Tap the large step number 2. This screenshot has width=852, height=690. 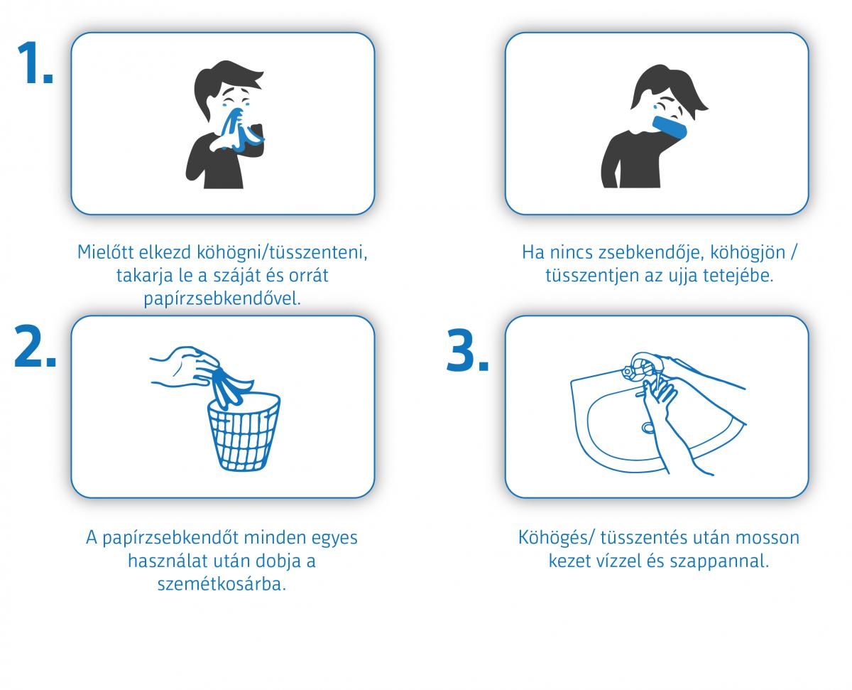[x=35, y=345]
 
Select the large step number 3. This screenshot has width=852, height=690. [x=467, y=350]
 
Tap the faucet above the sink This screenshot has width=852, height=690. [x=643, y=366]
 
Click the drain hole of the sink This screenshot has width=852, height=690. [x=648, y=428]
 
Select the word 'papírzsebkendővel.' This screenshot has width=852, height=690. [x=222, y=299]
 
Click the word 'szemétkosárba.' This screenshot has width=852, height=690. [x=222, y=584]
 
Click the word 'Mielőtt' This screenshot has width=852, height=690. [x=105, y=252]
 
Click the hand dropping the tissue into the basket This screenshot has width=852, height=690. [x=184, y=367]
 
